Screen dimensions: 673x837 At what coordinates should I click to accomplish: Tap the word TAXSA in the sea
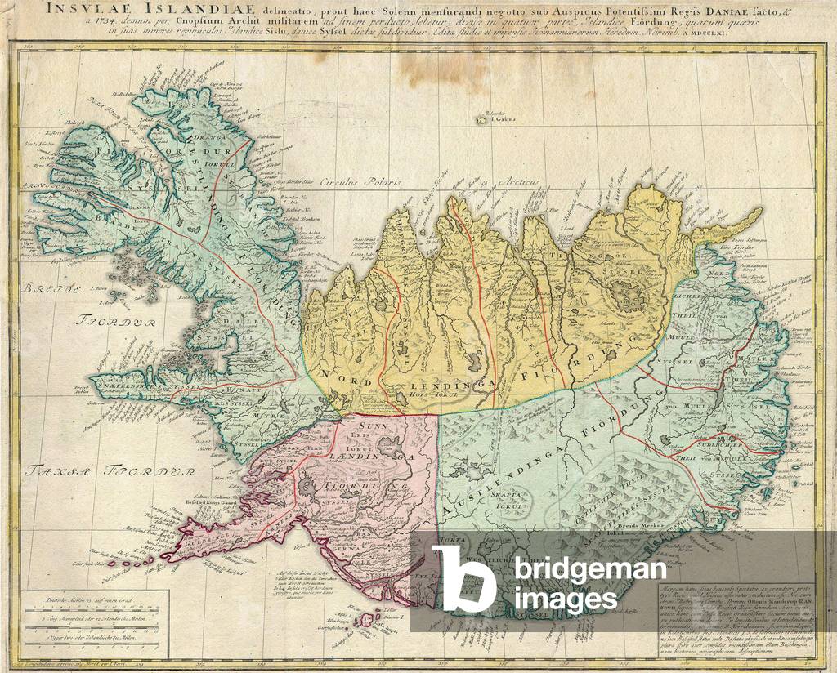(51, 470)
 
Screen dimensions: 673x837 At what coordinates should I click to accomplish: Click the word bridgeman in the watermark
(583, 568)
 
